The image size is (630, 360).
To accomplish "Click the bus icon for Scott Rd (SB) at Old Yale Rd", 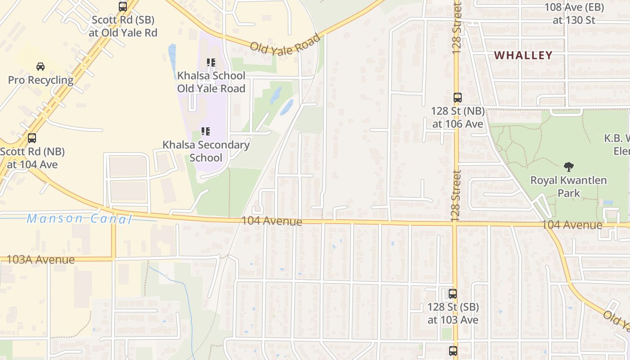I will point(123,7).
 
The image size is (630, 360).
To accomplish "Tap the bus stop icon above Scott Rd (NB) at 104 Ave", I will point(31,138).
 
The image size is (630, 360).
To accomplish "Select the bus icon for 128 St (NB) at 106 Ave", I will point(458,97).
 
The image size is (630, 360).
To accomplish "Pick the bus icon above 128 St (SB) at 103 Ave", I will point(453,294).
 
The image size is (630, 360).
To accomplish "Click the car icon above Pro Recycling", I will point(40,67).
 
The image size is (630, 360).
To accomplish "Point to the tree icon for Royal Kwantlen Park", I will point(569,167).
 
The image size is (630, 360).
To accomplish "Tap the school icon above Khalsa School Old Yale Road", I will point(211,63).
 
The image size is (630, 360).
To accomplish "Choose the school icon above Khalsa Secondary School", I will point(206,131).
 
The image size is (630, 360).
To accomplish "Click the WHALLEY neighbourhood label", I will point(523,55).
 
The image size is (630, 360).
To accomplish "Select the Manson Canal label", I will point(79,219).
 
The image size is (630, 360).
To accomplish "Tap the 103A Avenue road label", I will point(40,260).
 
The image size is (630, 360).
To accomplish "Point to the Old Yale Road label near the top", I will point(285,44).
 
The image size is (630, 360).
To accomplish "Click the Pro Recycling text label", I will point(40,80).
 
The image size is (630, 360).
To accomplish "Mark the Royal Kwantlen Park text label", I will point(569,187).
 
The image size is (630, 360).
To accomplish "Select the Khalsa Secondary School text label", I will point(206,151).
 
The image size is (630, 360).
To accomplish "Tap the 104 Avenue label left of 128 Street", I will point(272,221).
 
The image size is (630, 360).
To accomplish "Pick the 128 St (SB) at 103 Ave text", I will point(453,313).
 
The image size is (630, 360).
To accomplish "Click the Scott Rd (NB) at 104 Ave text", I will point(32,158).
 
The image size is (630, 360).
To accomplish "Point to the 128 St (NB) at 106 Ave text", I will point(458,117).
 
